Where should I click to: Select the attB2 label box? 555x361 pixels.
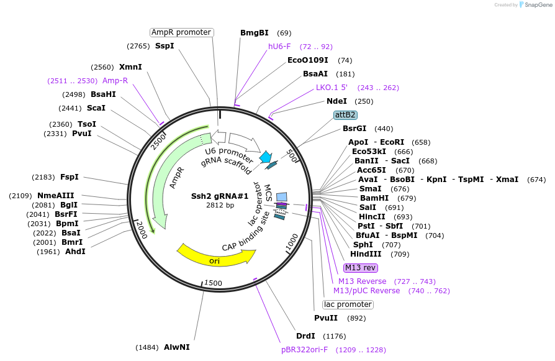tap(345, 115)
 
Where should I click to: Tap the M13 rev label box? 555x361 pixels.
tap(360, 268)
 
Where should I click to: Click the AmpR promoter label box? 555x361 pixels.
tap(182, 32)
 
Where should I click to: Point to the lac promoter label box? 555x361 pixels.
tap(348, 304)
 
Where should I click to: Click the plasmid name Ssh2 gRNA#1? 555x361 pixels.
tap(220, 196)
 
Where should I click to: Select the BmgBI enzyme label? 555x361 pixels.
tap(255, 33)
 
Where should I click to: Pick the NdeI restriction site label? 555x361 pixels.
tap(336, 101)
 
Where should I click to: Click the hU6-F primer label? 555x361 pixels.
tap(279, 47)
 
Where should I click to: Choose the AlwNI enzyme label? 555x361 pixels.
tap(177, 347)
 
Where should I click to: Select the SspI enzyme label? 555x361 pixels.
tap(165, 46)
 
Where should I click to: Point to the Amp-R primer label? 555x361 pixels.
tap(115, 81)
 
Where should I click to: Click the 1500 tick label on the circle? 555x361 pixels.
tap(213, 283)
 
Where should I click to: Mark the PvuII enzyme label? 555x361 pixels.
tap(326, 318)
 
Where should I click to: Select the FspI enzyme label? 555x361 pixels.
tap(69, 177)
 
